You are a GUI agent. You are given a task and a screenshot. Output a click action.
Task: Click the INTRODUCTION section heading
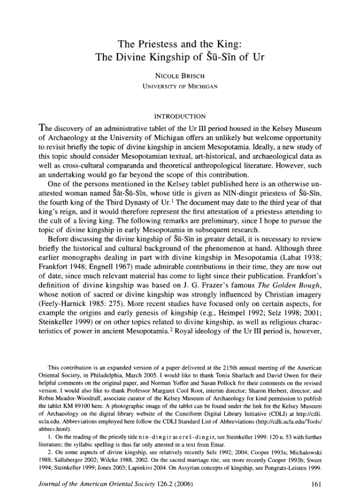click(x=180, y=117)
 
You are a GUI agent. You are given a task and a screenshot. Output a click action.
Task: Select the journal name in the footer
click(x=103, y=483)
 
